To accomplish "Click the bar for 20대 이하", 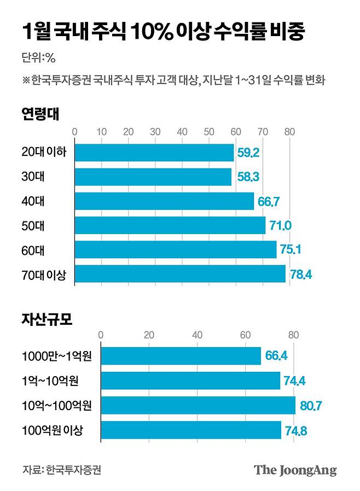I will (154, 153).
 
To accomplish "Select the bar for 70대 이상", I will (180, 274).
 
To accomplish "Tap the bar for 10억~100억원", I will (198, 405).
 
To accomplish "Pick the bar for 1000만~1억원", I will (181, 356).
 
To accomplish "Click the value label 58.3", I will (248, 178).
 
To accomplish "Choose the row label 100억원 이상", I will (53, 430).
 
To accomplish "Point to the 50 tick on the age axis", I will (209, 131).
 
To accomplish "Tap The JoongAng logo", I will (295, 470).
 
